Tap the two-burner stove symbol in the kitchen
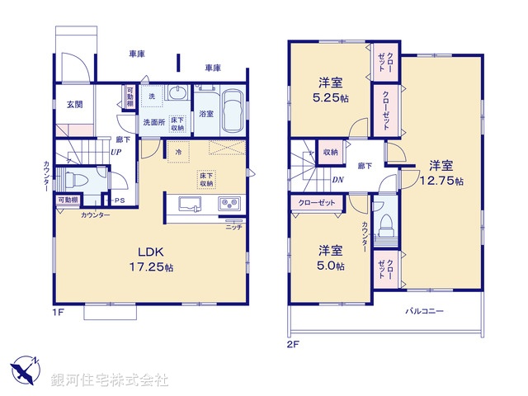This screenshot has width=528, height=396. coord(229,205)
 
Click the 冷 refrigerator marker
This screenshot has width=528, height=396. coord(177,153)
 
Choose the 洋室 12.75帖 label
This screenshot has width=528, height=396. coord(441,172)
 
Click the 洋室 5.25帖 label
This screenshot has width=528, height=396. coord(330,88)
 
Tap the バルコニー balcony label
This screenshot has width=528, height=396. coord(425,311)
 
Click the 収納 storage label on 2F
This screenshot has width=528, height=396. coord(332,153)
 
